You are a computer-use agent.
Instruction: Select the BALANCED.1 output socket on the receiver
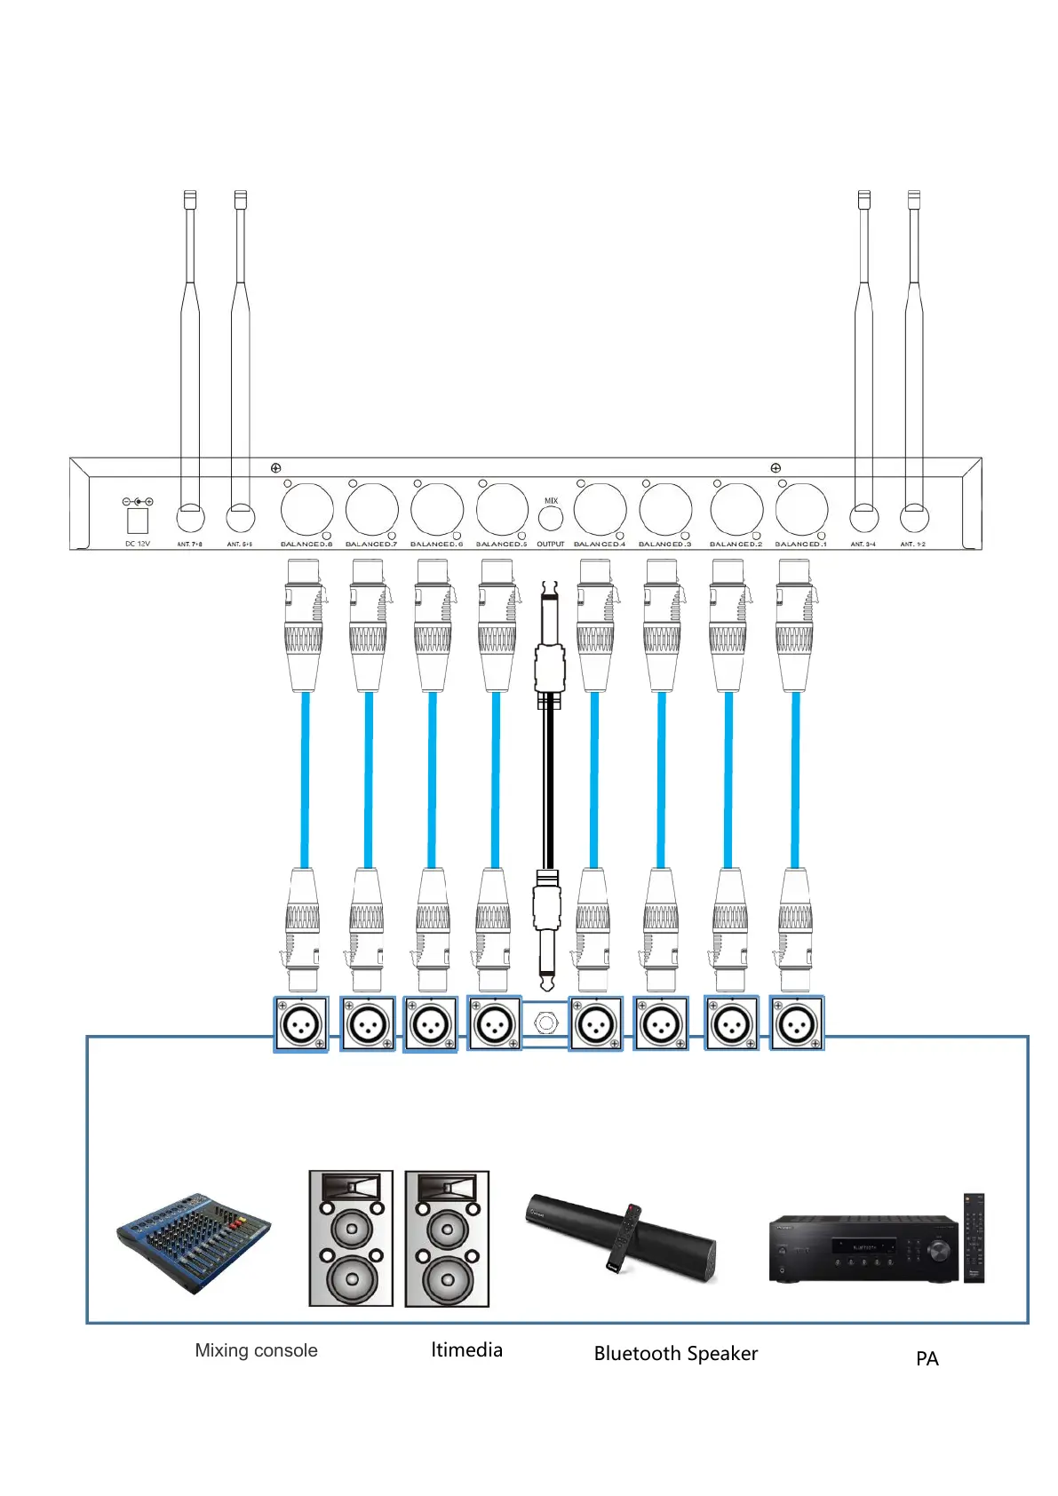[801, 510]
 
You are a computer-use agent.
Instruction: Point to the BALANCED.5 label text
[501, 544]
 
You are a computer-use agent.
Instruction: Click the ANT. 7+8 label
[190, 544]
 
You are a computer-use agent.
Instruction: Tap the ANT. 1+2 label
[913, 544]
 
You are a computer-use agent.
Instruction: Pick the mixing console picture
[194, 1242]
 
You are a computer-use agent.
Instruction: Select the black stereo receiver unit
[863, 1248]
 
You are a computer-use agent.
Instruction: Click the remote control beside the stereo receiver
[974, 1237]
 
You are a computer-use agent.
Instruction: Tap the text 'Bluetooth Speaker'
[675, 1354]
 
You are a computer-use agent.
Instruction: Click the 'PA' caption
[927, 1358]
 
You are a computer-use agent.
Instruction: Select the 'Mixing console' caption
[256, 1350]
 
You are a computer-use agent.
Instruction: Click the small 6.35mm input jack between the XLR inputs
[545, 1024]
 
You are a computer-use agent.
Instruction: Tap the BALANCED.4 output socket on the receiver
[600, 510]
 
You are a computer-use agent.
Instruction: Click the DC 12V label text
[138, 544]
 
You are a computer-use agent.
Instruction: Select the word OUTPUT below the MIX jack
[550, 544]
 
